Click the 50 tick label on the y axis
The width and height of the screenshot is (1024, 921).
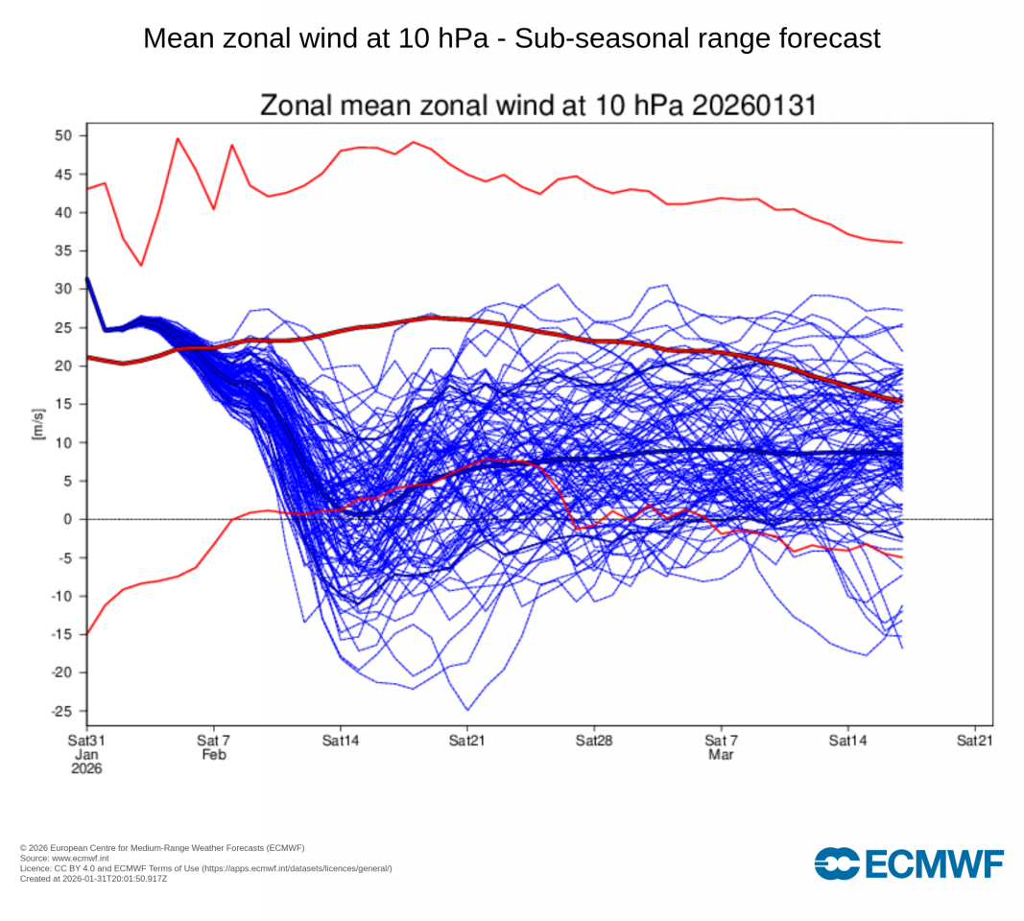(63, 135)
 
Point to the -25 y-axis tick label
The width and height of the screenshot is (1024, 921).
(61, 711)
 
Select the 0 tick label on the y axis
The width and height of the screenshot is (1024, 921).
(68, 519)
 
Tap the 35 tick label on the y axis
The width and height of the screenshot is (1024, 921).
(63, 250)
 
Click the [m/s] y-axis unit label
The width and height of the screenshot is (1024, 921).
(38, 423)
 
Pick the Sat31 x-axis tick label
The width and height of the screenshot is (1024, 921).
(85, 741)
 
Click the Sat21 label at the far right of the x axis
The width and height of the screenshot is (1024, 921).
(975, 741)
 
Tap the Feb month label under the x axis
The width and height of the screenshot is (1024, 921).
(213, 755)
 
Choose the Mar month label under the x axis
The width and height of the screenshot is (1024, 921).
(721, 755)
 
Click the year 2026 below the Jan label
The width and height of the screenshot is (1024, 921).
(85, 768)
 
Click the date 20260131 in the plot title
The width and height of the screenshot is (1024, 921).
(750, 106)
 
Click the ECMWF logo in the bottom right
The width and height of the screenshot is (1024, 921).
(908, 862)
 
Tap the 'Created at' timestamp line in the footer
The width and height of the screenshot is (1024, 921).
(93, 878)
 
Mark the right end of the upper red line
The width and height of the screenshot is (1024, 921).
(901, 243)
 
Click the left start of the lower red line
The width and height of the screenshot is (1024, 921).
(87, 634)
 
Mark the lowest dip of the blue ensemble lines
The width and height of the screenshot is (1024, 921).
(467, 710)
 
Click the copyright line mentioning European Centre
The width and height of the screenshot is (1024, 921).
(162, 848)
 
